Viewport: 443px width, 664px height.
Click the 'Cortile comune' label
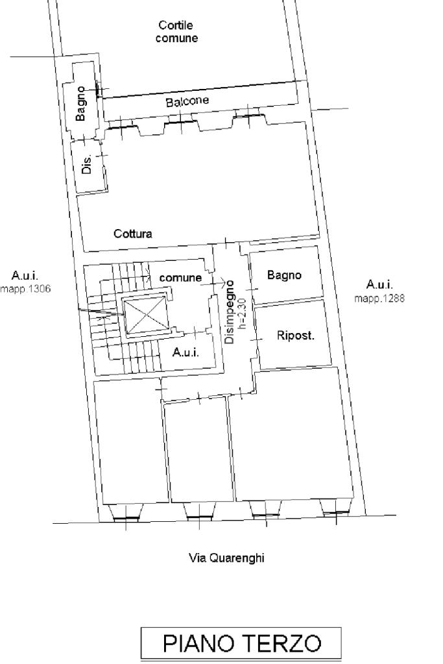coord(176,32)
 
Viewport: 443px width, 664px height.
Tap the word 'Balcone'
coord(187,101)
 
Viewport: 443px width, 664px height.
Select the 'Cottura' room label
coord(133,233)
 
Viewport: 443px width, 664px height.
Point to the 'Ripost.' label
coord(296,336)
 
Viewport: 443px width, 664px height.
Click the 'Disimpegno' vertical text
coord(230,312)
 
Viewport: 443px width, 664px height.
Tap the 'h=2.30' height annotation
coord(242,314)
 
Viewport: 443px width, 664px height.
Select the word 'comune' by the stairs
coord(180,278)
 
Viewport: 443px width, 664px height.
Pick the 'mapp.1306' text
coord(25,289)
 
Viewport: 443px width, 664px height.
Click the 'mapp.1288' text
coord(379,299)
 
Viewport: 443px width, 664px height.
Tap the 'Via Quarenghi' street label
coord(226,558)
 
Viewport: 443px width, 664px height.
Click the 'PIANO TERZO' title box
coord(241,643)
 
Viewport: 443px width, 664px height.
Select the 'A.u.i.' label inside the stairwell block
coord(186,352)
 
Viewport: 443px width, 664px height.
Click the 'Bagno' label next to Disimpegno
coord(284,275)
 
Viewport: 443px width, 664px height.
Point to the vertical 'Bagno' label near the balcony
coord(80,104)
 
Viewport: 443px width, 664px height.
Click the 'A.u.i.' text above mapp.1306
coord(25,276)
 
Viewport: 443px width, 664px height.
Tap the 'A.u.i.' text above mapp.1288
coord(379,284)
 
